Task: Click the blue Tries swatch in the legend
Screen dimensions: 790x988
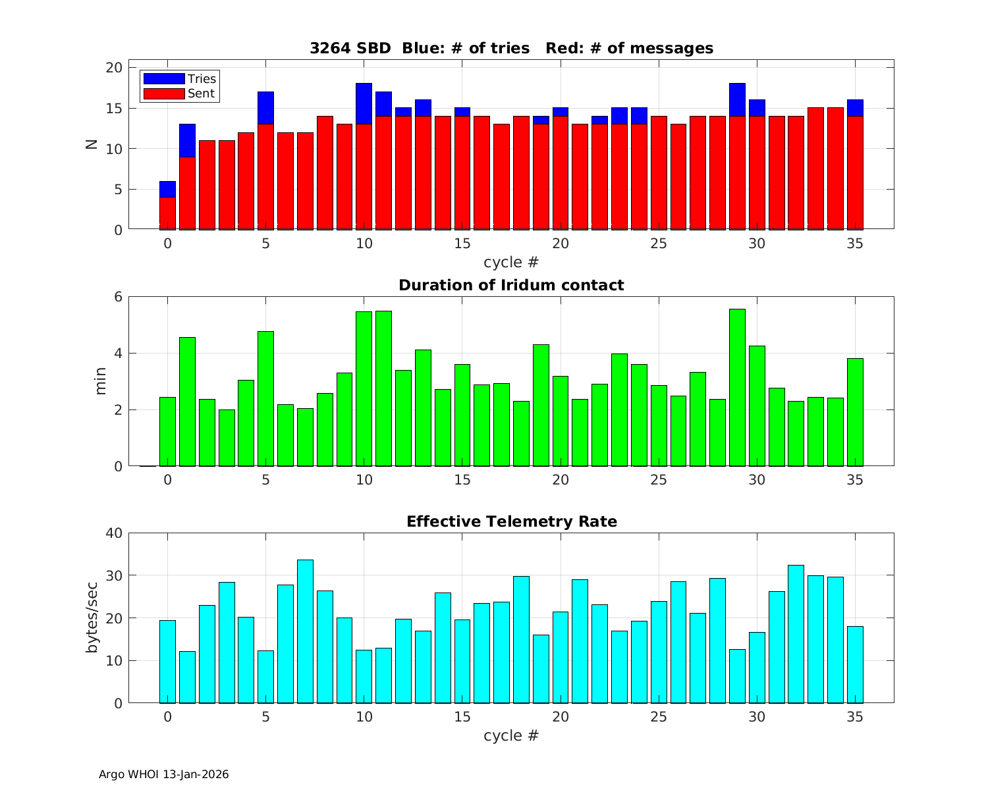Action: (164, 79)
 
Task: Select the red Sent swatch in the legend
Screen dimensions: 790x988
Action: (164, 93)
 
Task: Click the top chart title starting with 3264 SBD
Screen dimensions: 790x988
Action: (511, 48)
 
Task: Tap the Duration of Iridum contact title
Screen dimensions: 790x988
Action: (511, 285)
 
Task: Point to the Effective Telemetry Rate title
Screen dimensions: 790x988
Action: (511, 521)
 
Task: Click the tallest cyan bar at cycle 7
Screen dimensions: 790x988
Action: (305, 631)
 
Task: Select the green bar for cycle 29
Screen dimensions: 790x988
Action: (737, 387)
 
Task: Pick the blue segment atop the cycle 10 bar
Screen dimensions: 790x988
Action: (364, 103)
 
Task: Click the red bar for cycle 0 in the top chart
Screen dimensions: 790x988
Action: (167, 213)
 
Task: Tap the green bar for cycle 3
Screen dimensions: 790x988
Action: (227, 438)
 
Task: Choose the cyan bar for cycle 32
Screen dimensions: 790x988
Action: (796, 633)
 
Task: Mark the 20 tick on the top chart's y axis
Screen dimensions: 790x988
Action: (115, 68)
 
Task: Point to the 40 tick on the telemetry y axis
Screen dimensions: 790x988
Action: (115, 533)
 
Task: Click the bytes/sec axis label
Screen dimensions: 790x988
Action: (92, 618)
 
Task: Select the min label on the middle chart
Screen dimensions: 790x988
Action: (100, 381)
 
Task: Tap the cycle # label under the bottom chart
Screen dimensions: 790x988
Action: (511, 735)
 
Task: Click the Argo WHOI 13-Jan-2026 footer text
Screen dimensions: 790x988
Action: (163, 774)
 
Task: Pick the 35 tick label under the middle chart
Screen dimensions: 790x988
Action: (854, 480)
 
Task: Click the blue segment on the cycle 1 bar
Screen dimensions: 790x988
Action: (187, 140)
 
